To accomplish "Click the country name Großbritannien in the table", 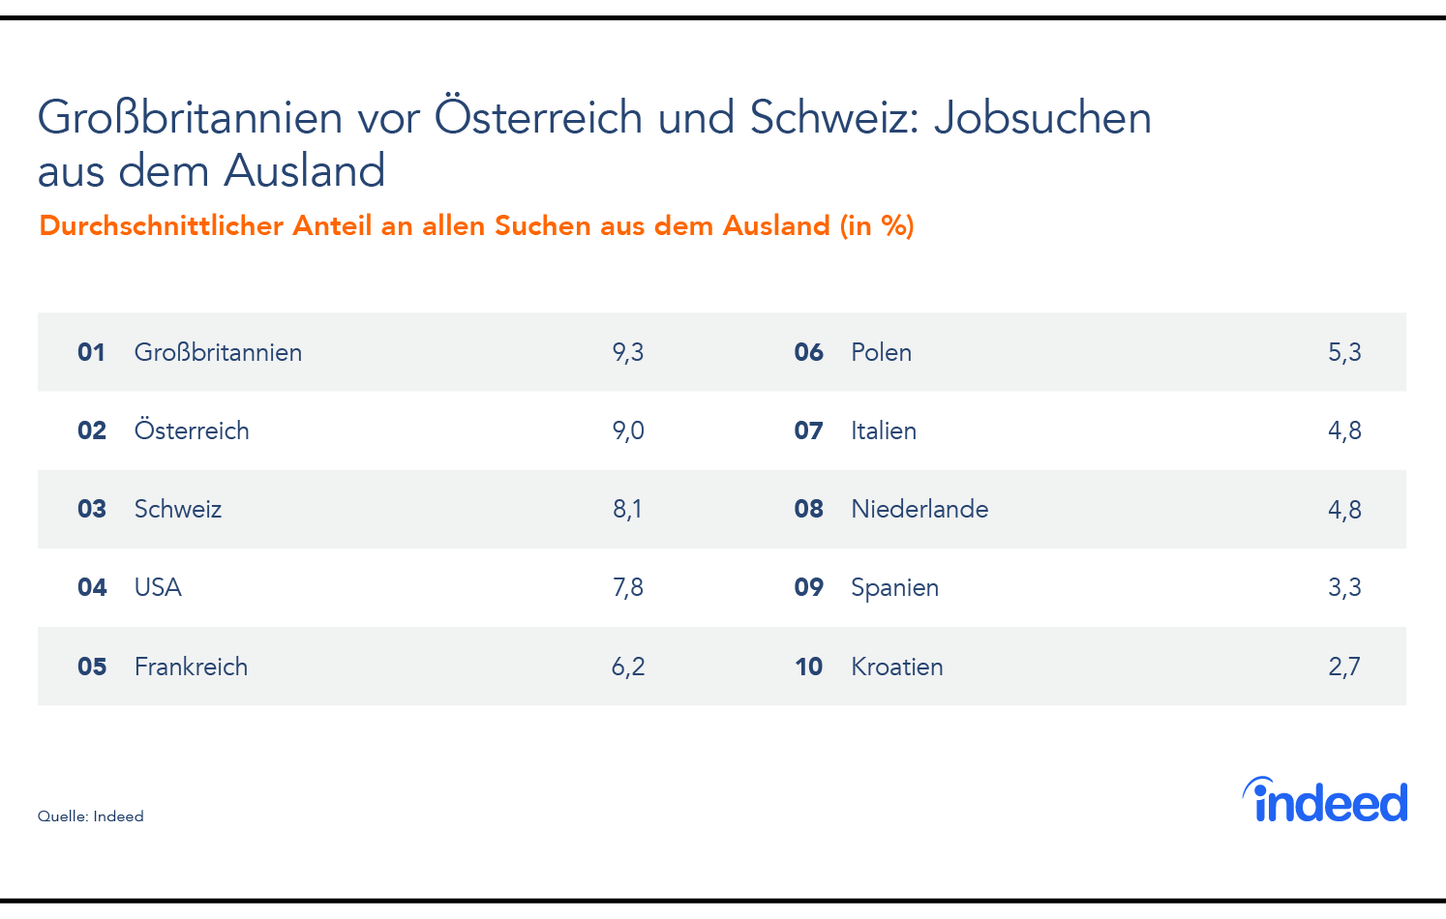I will pos(218,352).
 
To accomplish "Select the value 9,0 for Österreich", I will pos(628,430).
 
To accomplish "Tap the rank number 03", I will pos(92,509).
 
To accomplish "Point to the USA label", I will pos(158,587).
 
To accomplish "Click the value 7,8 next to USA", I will pos(628,587).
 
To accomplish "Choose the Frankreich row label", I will pos(191,667).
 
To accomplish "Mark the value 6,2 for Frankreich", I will pos(628,667).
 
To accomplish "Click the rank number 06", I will pos(808,352).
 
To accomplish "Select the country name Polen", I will pos(881,352).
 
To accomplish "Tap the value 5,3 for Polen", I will pos(1344,352).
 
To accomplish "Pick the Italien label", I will pos(884,430).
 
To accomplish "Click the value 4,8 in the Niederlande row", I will pos(1344,509).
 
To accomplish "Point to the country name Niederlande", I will pos(919,509).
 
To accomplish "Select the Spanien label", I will pos(894,587).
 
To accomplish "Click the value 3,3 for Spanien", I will pos(1344,587).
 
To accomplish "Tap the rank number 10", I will pos(808,667).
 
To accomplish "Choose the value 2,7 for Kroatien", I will pos(1344,667).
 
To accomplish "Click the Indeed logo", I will pos(1326,801).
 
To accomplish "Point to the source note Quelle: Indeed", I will pos(91,816).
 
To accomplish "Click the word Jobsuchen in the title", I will pos(1042,118).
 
